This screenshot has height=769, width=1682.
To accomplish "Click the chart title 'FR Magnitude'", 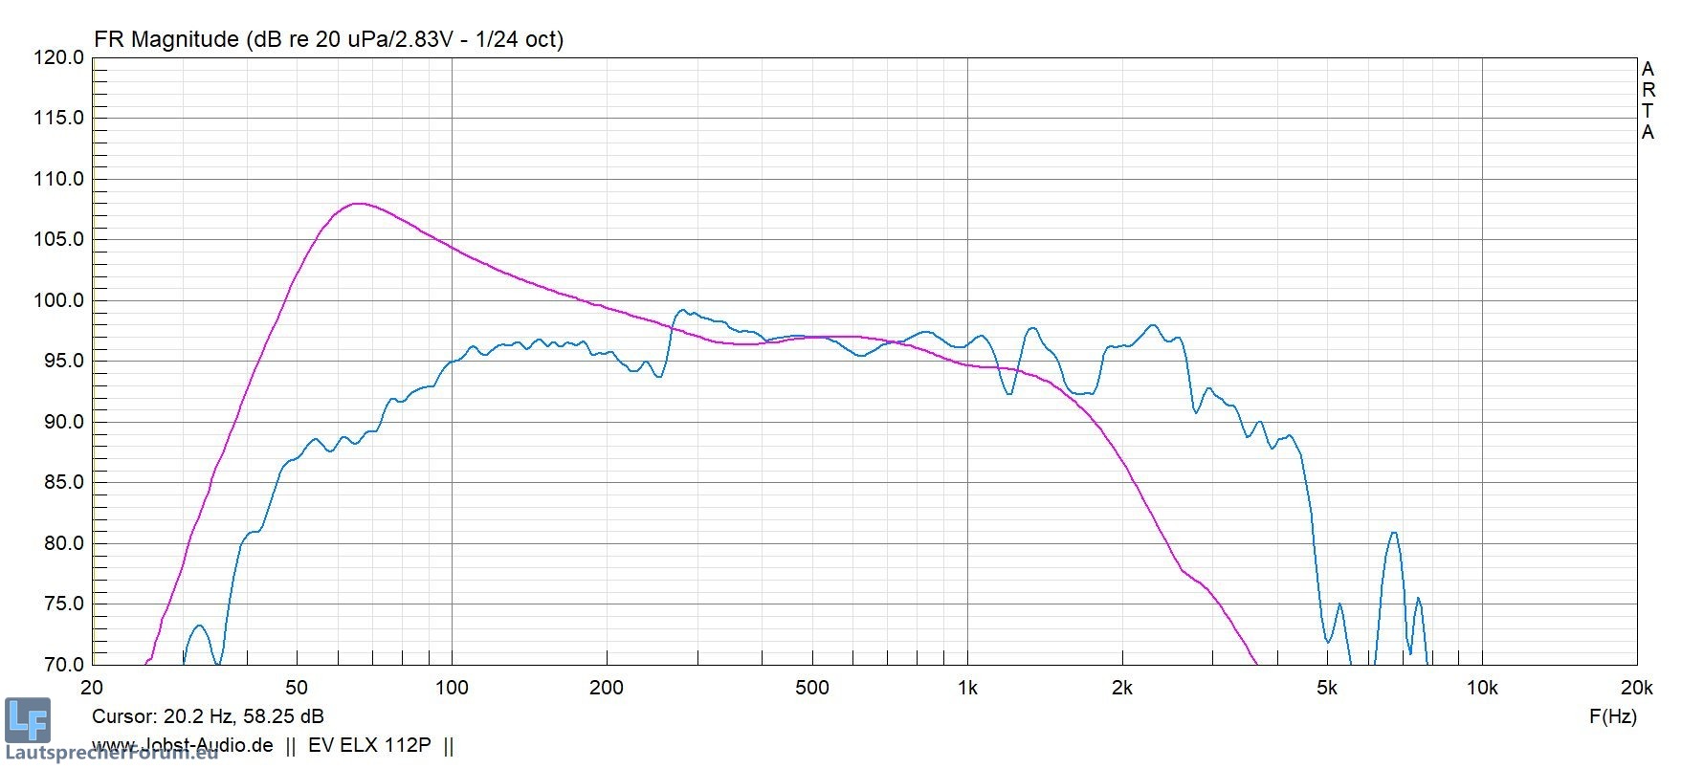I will coord(166,39).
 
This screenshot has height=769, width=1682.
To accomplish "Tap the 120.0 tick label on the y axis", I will coord(58,57).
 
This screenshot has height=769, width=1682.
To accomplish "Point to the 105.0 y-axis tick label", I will coord(58,239).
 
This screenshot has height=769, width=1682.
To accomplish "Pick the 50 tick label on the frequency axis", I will coord(297,687).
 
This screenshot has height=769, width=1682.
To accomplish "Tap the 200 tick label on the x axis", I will coord(607,687).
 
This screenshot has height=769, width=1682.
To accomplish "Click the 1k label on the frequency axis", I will coord(967,687).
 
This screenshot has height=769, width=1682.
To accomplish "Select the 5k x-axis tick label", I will coord(1326,687).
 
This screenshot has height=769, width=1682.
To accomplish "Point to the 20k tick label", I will coord(1636,687).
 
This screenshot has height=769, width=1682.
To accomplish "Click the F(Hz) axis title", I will coord(1612,715).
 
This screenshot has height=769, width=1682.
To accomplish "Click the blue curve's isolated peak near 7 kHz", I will coord(1393,533).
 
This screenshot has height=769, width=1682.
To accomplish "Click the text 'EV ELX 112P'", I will coord(369,745).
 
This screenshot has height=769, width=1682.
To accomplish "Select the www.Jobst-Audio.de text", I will coord(182,745).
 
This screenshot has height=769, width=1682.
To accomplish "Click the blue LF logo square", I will coord(27,720).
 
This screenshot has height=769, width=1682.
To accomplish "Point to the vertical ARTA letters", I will coord(1648,100).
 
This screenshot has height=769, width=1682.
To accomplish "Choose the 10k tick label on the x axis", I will coord(1482,687).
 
